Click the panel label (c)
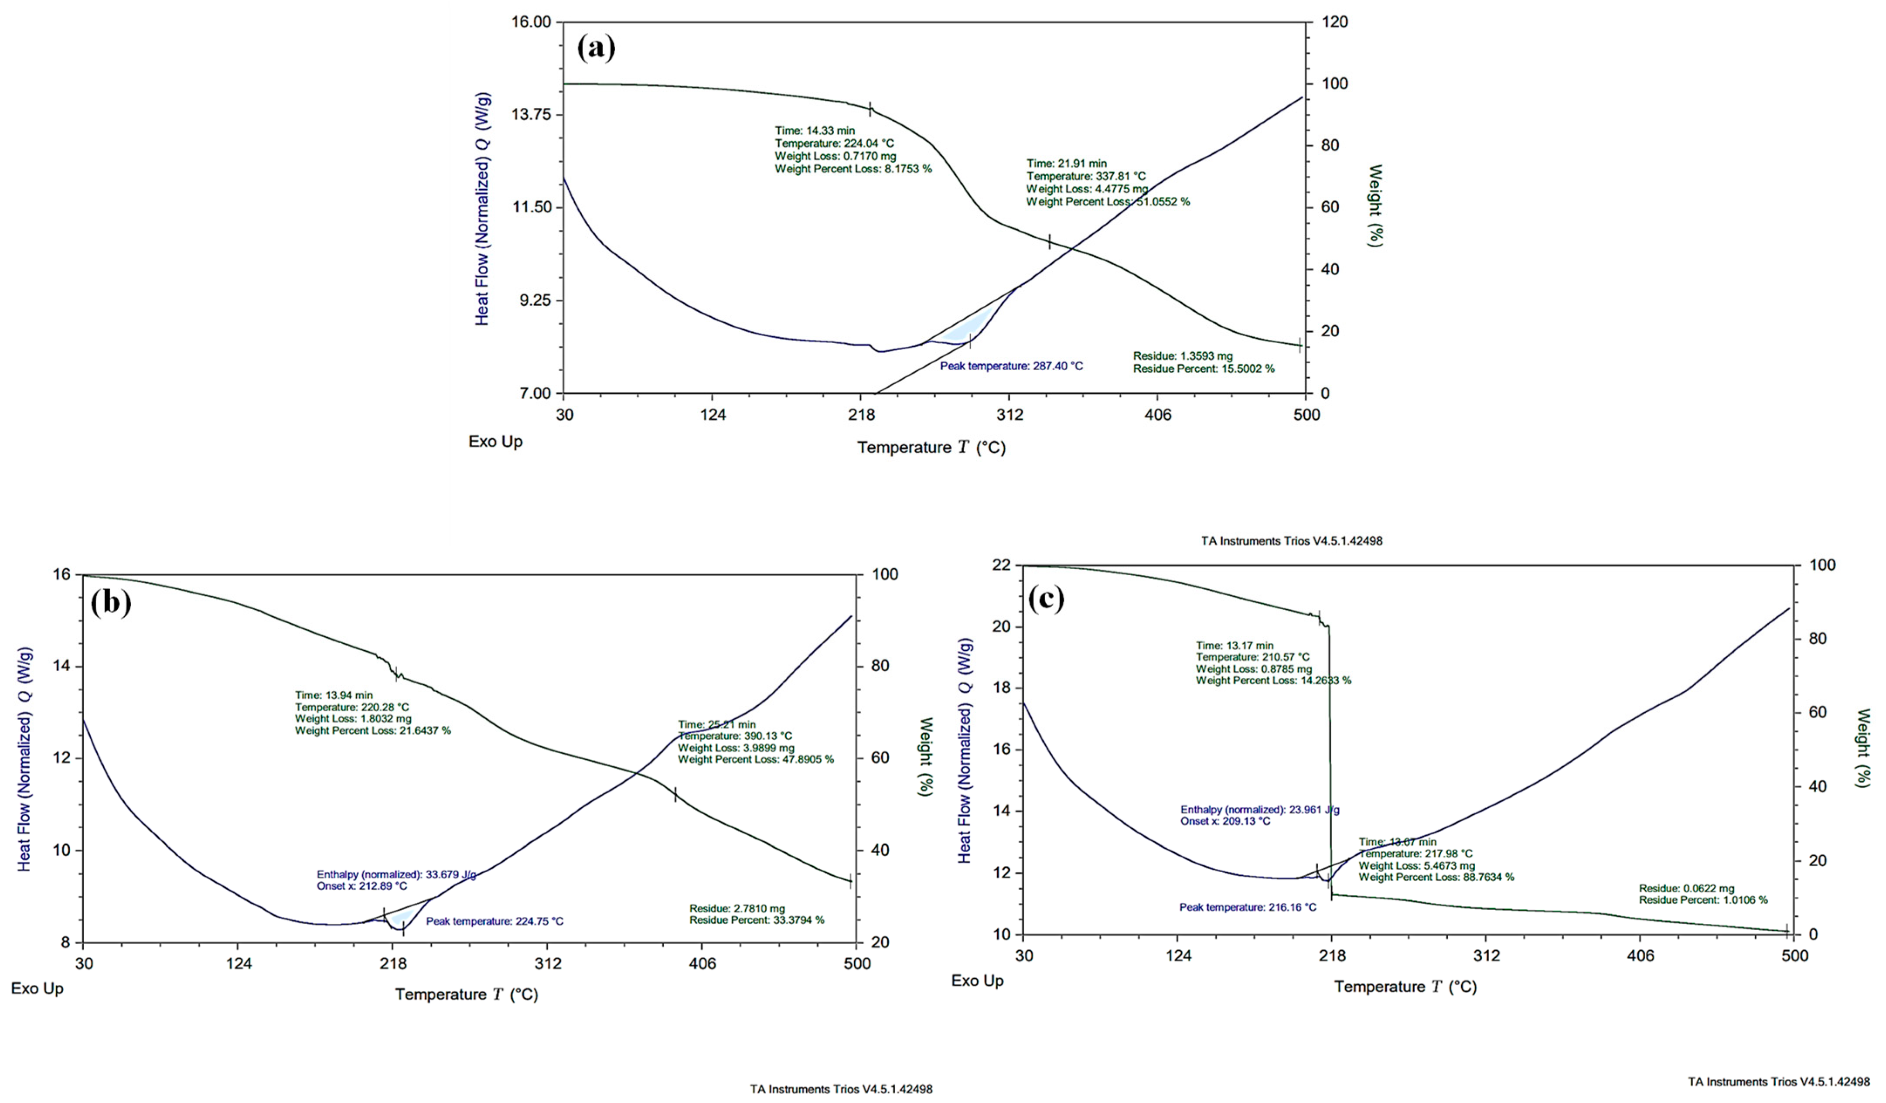pos(1046,599)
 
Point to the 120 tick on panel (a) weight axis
pos(1334,22)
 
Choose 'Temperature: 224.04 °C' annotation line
pos(834,143)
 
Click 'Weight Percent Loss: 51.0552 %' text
pos(1108,202)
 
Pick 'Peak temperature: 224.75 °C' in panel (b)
pos(495,921)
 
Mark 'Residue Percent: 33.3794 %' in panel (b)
pos(757,920)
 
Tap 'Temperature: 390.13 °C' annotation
pos(735,736)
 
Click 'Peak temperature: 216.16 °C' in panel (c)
pos(1248,907)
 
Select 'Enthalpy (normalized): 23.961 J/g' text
pos(1259,809)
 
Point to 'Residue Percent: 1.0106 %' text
pos(1703,899)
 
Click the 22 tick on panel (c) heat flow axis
pos(1001,565)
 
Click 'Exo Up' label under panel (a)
pos(495,441)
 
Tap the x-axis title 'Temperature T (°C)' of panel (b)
pos(466,994)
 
